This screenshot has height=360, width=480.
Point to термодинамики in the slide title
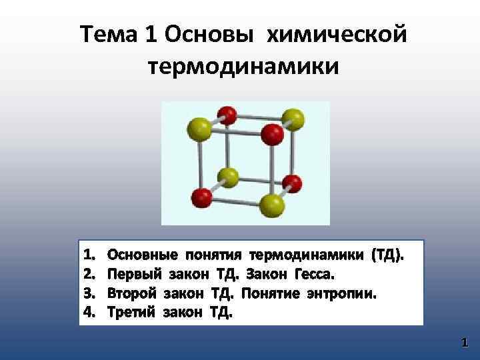click(241, 66)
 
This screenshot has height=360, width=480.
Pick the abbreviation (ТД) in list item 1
click(385, 255)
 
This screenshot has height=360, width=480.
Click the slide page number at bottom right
click(464, 343)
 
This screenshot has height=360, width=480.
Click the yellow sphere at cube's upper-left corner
click(199, 127)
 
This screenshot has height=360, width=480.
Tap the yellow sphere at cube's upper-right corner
click(293, 121)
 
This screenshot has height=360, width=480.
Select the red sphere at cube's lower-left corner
click(201, 197)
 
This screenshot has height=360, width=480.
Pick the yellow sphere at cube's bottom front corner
click(272, 206)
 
